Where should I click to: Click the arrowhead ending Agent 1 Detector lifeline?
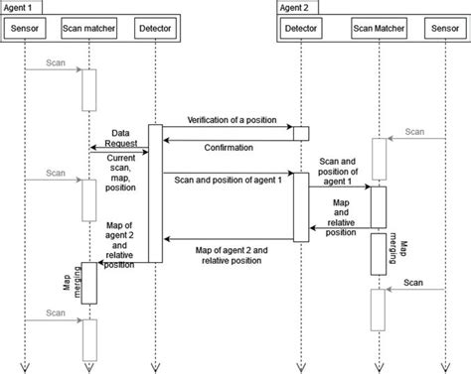155,365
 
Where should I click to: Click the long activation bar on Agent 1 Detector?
155,193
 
